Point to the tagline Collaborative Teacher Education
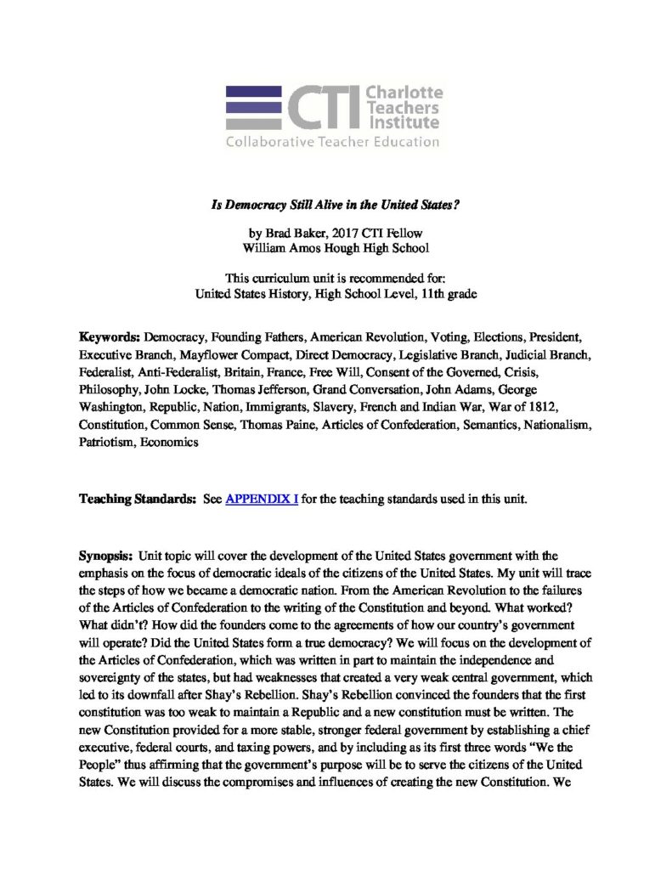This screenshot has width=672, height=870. [332, 142]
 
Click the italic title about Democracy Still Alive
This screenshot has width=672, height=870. [336, 206]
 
